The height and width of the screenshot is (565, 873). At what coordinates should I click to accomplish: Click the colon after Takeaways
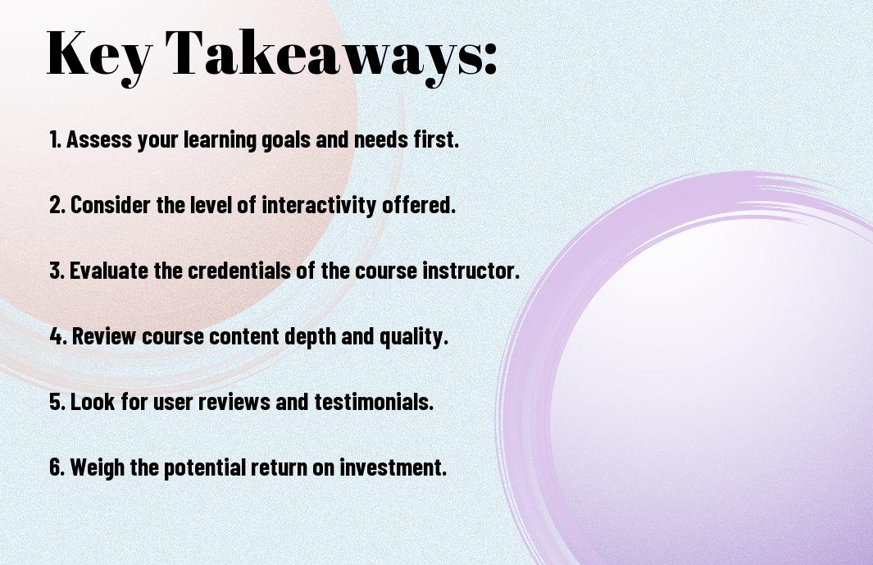[x=490, y=57]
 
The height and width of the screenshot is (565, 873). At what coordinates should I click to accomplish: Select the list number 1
[x=55, y=139]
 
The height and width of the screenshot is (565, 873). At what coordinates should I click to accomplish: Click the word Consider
[x=110, y=205]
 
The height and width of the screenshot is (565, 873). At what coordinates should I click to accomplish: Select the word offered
[x=419, y=204]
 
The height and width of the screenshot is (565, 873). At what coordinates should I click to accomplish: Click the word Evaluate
[x=109, y=271]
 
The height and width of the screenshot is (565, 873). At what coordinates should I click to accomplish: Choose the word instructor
[x=471, y=271]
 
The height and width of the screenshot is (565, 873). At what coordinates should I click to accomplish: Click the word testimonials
[x=374, y=401]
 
